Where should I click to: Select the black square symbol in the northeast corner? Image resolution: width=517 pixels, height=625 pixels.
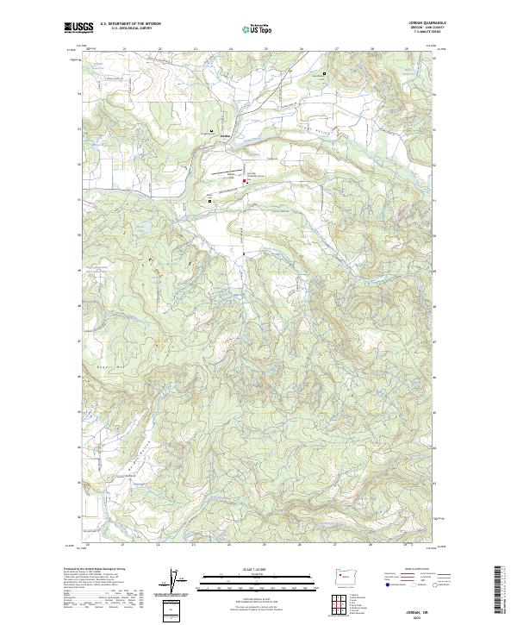[324, 74]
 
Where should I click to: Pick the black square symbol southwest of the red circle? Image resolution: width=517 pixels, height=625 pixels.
[210, 200]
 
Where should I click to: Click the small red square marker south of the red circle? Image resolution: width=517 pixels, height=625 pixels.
[244, 253]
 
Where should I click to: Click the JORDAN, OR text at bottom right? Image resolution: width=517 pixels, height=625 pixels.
[421, 609]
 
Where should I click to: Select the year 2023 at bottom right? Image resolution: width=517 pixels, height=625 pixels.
[421, 616]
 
